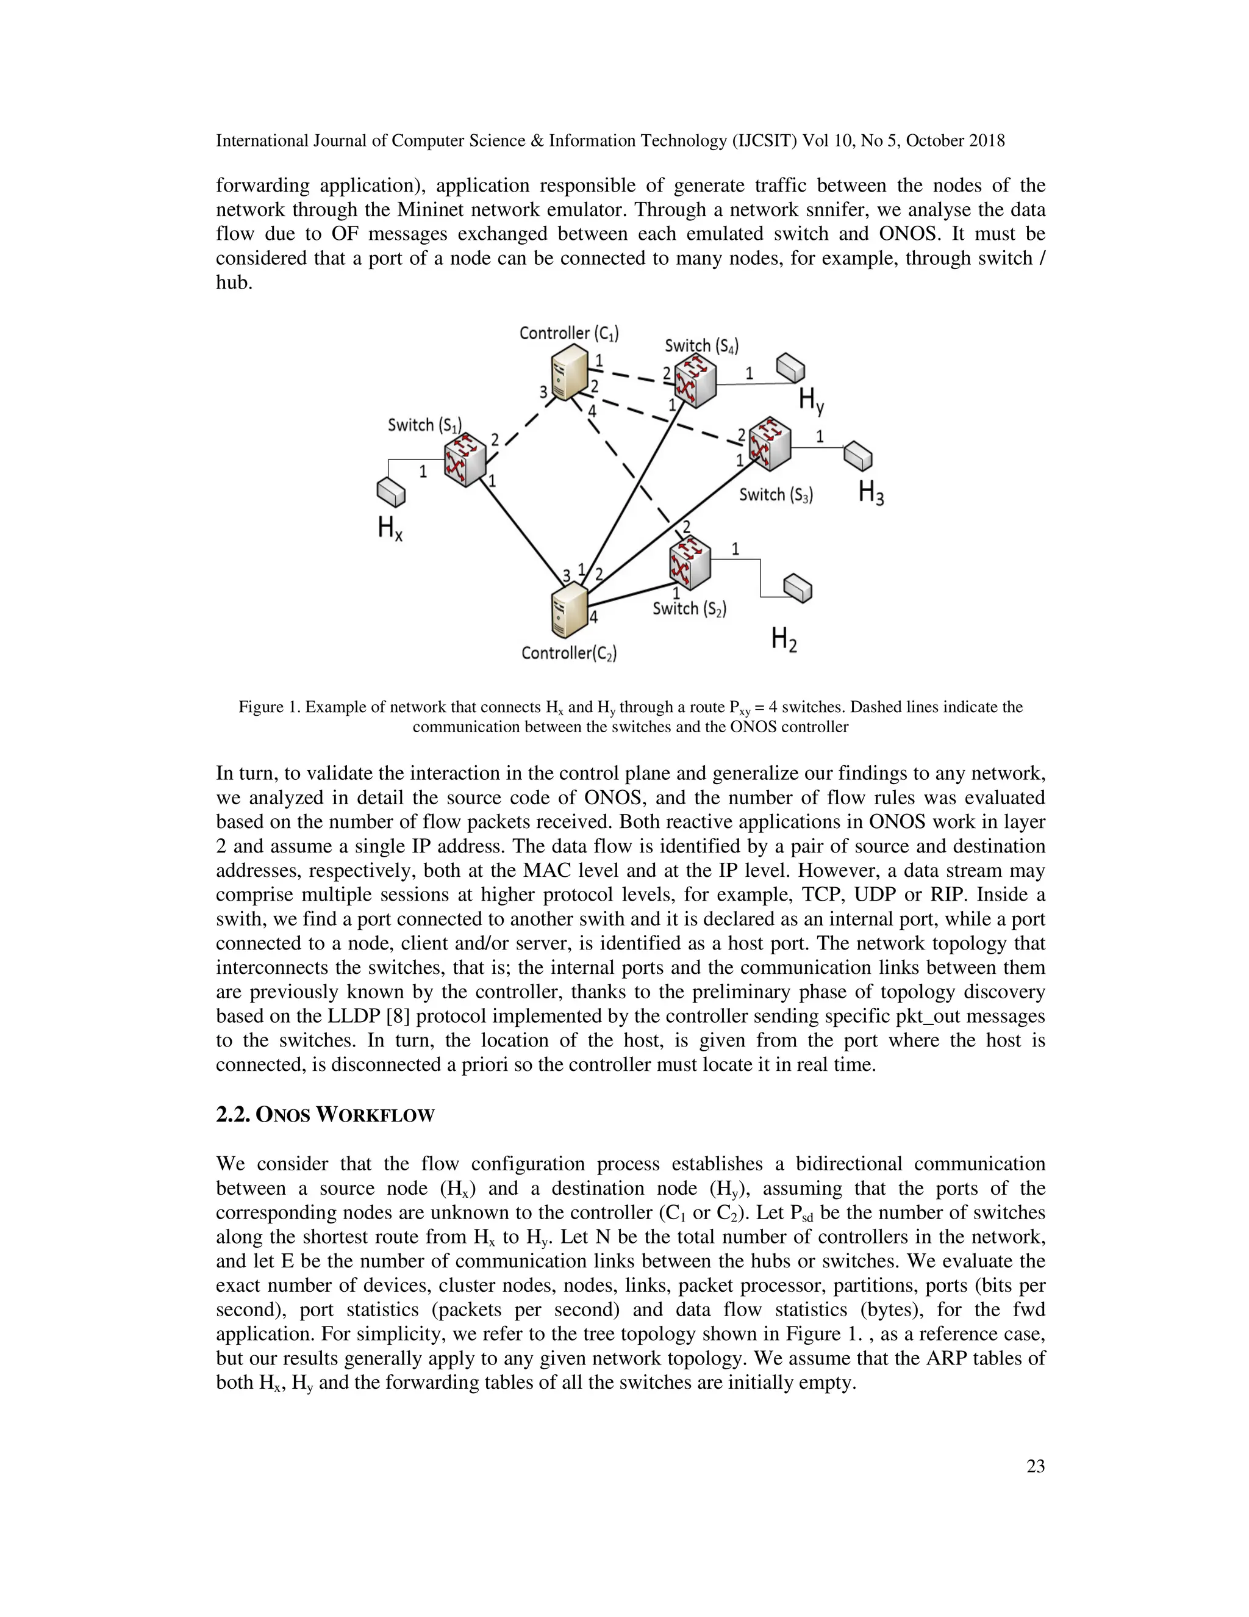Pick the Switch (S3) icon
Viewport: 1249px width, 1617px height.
click(x=770, y=444)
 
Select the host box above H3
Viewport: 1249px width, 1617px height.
click(x=858, y=456)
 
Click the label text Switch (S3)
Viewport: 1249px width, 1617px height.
click(x=776, y=495)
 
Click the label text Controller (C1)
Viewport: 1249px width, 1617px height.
click(x=568, y=333)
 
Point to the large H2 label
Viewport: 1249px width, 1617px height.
click(x=784, y=638)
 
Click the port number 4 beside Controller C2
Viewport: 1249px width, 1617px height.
click(x=593, y=617)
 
